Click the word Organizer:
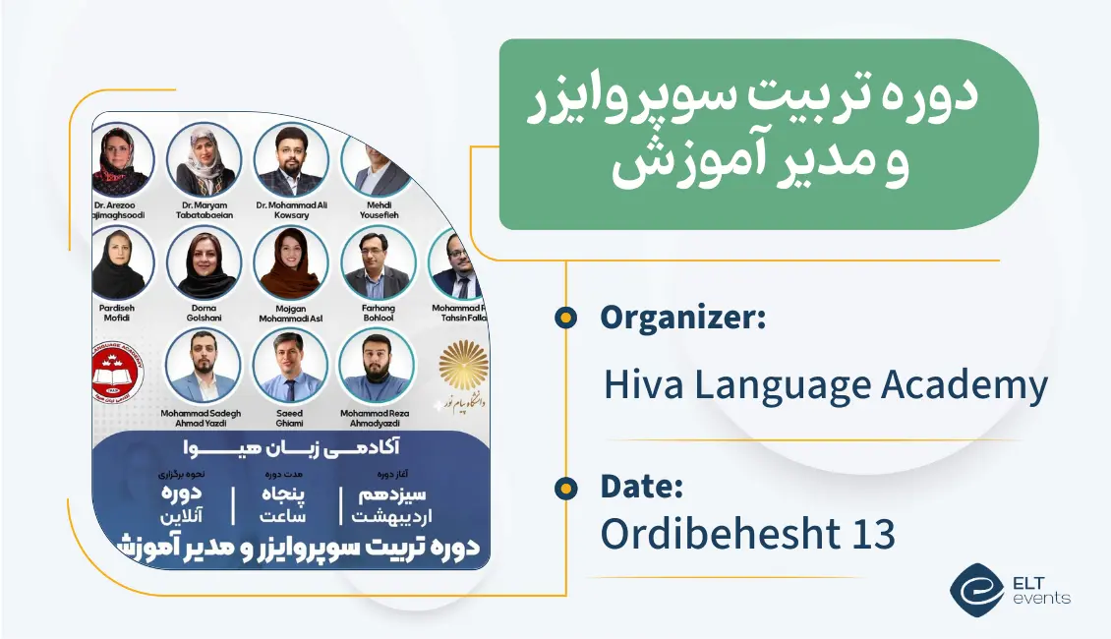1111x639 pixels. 683,317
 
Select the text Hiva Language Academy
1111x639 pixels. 825,384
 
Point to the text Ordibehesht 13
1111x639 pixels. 747,534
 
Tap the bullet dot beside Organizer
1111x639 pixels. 564,317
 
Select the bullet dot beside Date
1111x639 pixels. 564,487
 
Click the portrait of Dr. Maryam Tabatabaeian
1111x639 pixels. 204,157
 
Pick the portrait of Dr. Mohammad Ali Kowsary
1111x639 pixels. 291,157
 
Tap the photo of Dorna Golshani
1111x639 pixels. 204,262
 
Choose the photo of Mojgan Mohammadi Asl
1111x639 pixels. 291,262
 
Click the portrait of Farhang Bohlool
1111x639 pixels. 379,262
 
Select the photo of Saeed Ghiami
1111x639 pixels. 290,364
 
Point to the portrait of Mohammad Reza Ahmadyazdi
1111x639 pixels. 377,364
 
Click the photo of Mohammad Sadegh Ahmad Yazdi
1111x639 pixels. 204,364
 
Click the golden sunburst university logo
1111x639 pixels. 463,366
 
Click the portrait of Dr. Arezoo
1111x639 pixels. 123,157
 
